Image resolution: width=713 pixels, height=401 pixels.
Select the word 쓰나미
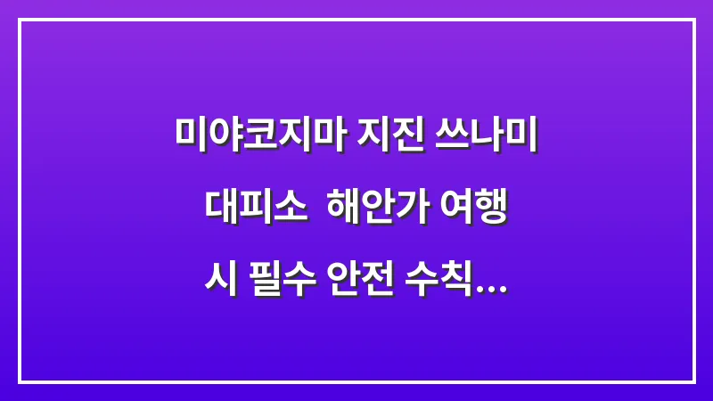489,135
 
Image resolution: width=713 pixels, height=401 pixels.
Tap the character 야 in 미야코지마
223,135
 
